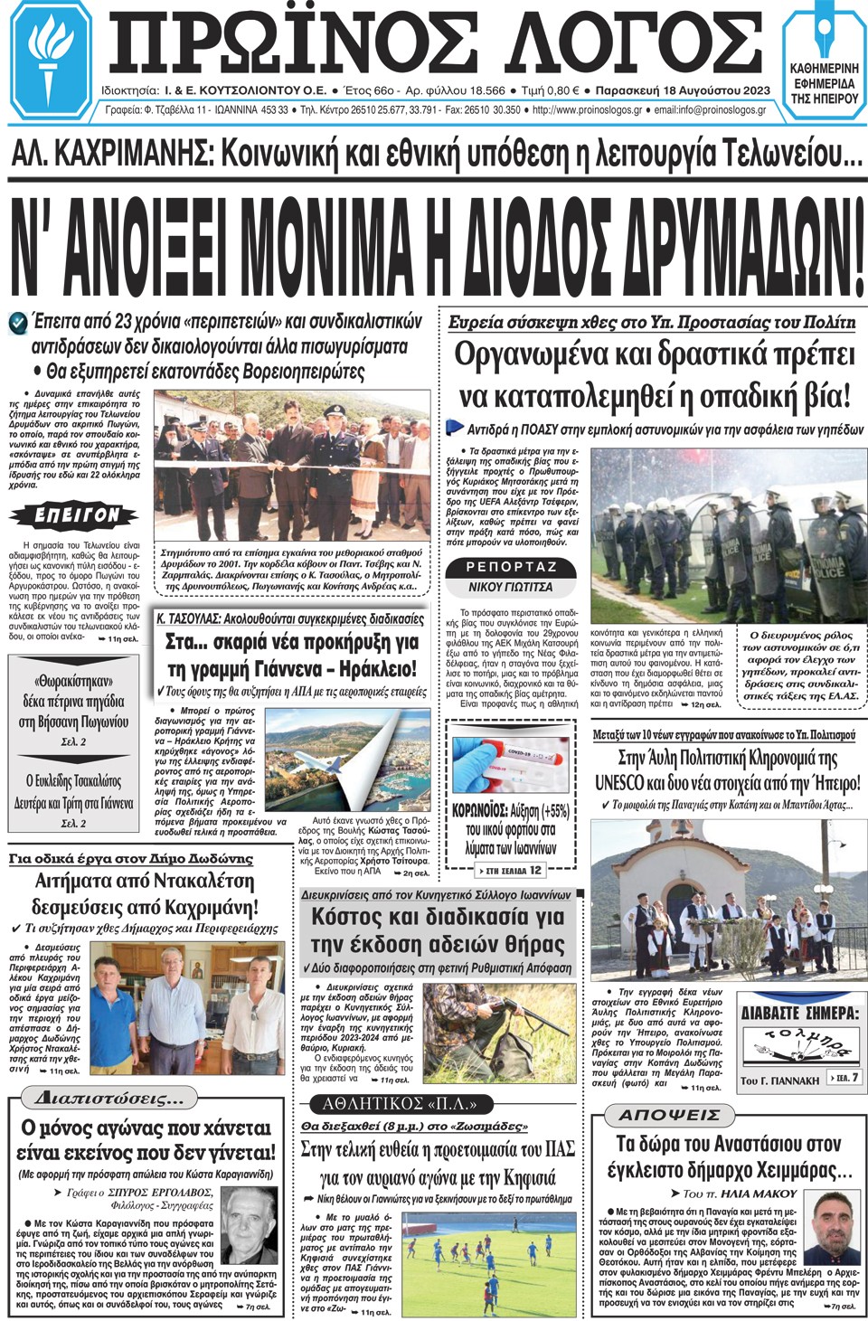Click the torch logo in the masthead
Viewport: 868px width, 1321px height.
50,56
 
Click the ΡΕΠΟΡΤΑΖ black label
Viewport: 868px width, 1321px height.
512,567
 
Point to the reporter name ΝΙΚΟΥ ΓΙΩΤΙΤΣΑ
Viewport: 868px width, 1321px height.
511,587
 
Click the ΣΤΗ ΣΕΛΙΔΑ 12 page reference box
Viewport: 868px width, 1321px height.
511,870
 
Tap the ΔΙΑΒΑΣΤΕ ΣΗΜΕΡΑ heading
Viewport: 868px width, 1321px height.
799,1013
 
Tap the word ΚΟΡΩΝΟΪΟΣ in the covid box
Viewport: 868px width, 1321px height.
479,811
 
